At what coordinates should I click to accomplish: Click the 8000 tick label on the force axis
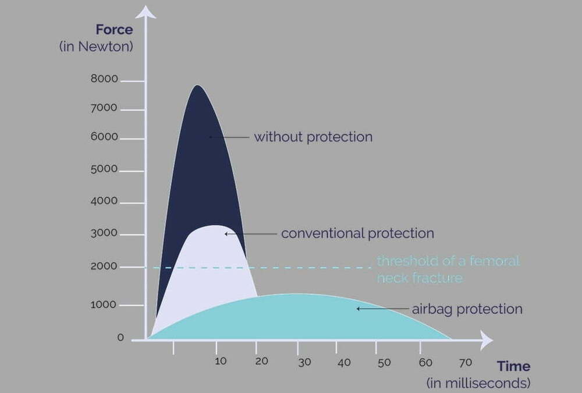click(x=104, y=79)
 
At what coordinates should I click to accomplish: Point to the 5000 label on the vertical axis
click(x=104, y=169)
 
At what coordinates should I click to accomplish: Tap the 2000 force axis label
click(x=104, y=266)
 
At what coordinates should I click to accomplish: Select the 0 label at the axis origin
click(x=120, y=338)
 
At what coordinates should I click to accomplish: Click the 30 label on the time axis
click(x=304, y=362)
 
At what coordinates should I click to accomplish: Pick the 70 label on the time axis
click(x=466, y=362)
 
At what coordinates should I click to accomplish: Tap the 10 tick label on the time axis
click(x=221, y=361)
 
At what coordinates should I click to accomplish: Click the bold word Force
click(x=114, y=29)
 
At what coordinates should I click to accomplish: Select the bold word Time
click(x=514, y=366)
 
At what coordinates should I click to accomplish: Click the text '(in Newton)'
click(x=96, y=47)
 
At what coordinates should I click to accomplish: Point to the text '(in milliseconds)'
click(x=478, y=383)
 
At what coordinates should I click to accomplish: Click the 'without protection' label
click(x=313, y=137)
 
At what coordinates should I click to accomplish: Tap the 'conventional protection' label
click(x=357, y=233)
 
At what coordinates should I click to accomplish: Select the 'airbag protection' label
click(x=467, y=309)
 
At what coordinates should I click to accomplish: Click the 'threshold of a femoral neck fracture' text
click(x=448, y=270)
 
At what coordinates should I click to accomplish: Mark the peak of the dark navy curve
click(x=197, y=86)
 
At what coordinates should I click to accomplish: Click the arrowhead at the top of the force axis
click(x=145, y=12)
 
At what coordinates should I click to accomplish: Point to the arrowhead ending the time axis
click(x=487, y=340)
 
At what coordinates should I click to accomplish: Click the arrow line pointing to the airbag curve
click(x=383, y=309)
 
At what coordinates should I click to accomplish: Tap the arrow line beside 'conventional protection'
click(x=250, y=234)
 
